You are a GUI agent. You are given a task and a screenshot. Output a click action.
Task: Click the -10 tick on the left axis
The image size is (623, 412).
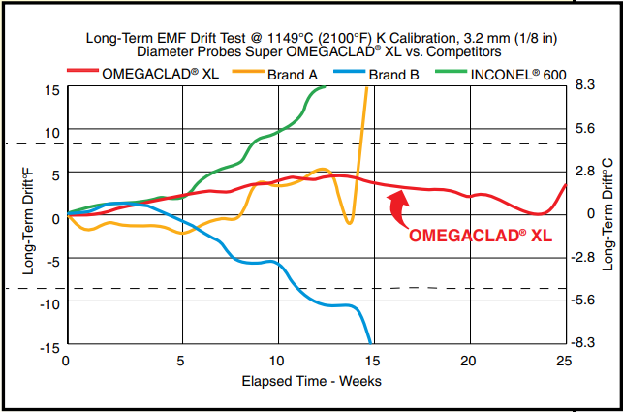49,302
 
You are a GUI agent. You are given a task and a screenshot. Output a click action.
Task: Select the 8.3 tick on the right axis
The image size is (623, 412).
584,85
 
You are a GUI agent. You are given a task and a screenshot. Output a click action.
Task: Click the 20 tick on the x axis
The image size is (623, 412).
466,361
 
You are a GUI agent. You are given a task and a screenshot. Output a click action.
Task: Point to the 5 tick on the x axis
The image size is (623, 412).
181,361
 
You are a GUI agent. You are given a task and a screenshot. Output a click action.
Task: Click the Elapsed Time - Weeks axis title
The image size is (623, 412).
312,381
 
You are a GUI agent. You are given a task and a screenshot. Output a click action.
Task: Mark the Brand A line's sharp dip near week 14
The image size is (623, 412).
350,222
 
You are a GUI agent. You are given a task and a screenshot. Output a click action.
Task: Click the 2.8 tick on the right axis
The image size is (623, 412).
584,171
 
